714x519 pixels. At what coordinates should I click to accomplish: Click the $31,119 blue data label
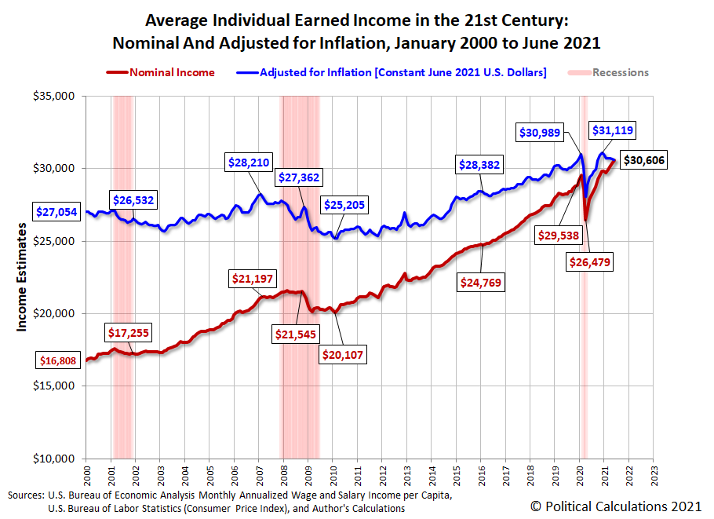point(613,131)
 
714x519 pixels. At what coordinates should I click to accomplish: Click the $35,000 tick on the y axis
point(53,96)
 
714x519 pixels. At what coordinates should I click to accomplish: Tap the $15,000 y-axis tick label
point(53,386)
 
